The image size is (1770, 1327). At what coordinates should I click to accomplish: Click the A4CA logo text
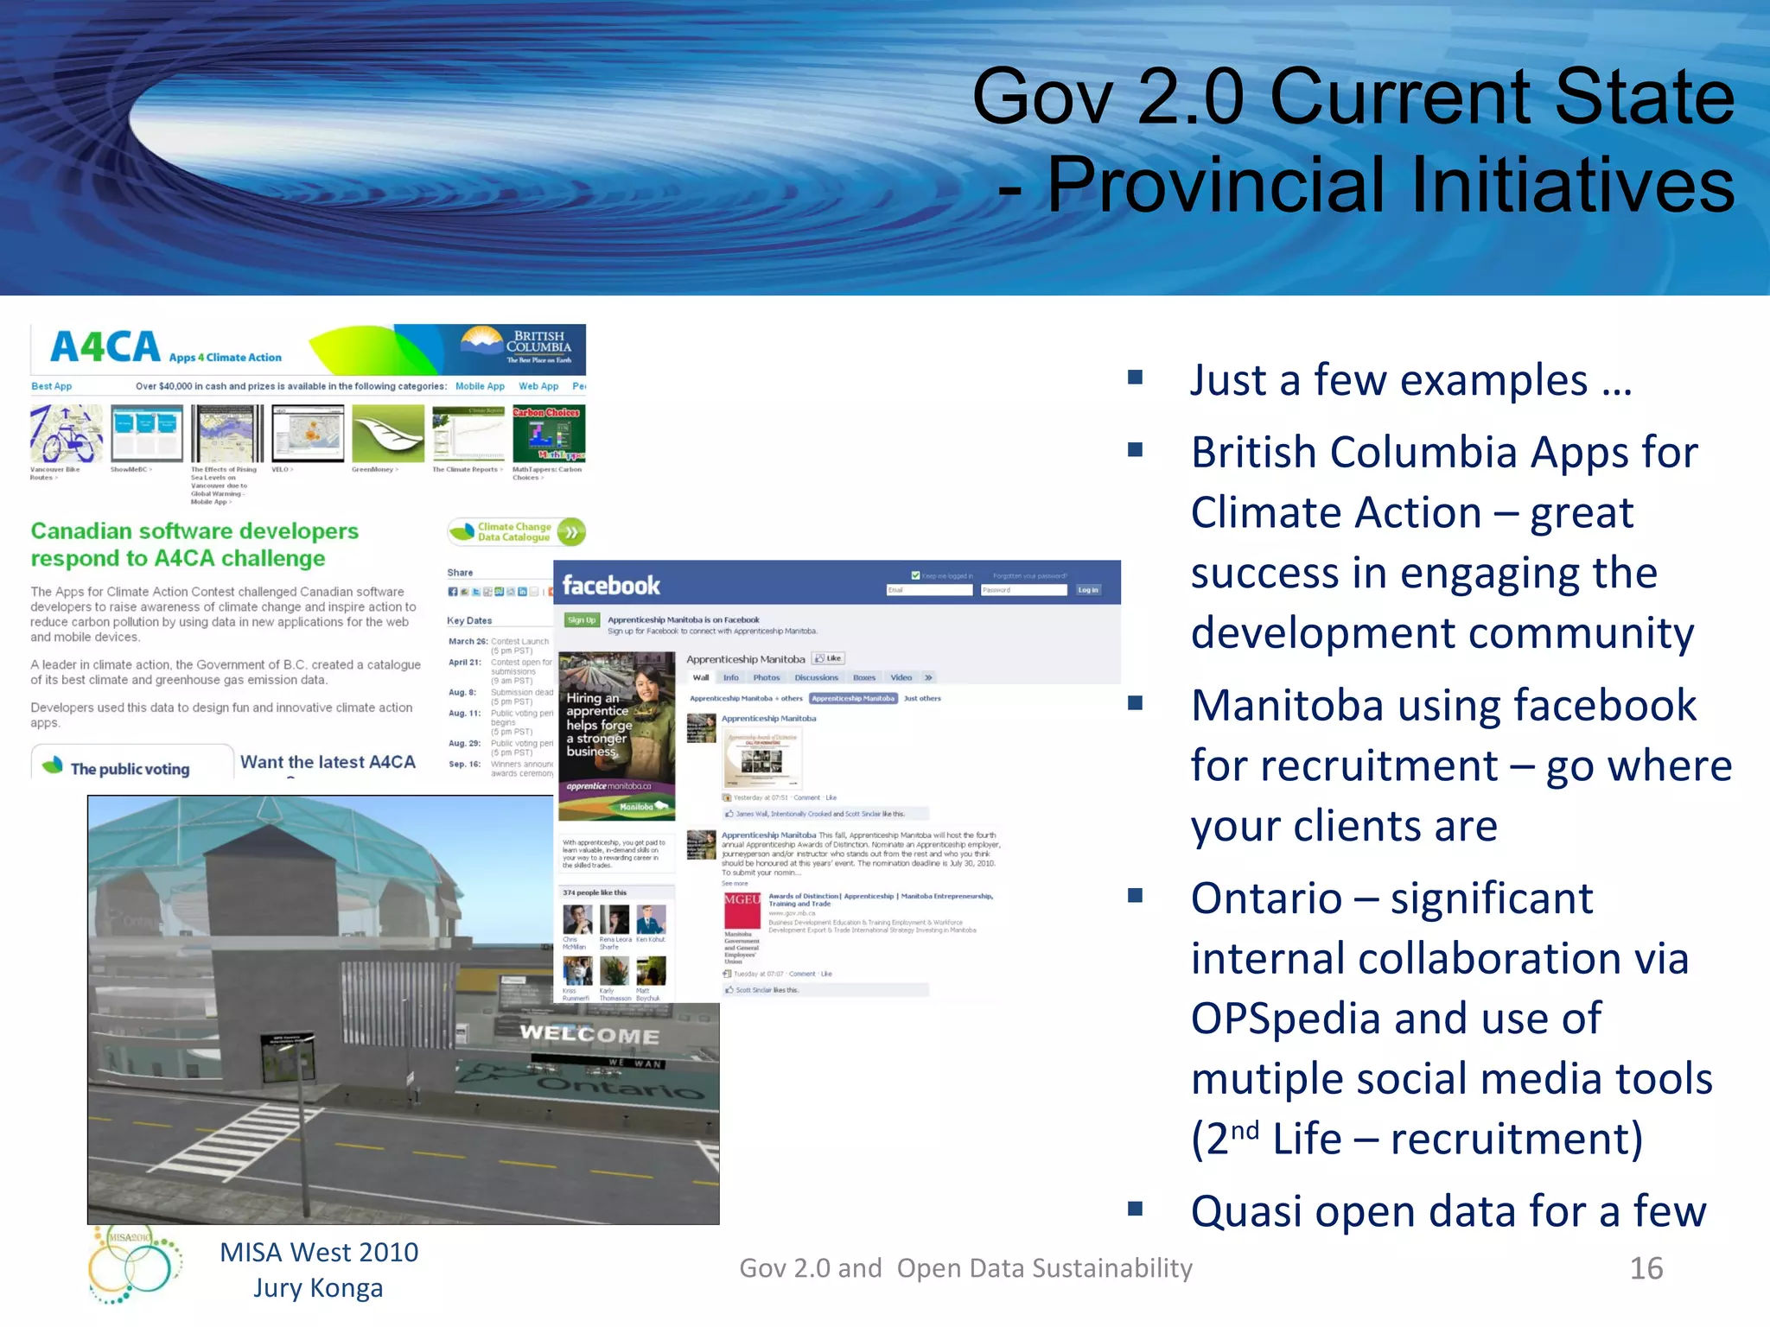[105, 347]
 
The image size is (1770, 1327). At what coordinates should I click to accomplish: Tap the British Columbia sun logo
[482, 340]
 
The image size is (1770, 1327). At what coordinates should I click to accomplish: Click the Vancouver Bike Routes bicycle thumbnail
[66, 434]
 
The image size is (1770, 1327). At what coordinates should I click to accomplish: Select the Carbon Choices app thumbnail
[548, 434]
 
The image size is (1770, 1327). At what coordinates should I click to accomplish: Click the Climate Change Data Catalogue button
[516, 532]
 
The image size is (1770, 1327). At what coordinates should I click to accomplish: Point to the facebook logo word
[611, 586]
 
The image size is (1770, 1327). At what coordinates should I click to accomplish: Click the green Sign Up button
[581, 620]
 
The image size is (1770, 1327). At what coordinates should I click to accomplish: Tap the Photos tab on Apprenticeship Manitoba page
[766, 678]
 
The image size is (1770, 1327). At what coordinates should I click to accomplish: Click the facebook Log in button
[1088, 590]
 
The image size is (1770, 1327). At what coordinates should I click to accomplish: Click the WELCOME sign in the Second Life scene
[589, 1034]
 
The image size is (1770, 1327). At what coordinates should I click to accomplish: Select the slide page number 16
[1646, 1268]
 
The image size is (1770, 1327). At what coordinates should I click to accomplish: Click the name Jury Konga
[318, 1288]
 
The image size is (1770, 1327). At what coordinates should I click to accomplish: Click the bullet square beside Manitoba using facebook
[1136, 703]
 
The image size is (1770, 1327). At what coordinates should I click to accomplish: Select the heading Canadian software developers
[194, 531]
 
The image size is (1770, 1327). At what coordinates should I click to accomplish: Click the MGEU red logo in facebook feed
[742, 900]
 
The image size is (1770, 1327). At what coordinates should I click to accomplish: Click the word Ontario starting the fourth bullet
[1266, 898]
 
